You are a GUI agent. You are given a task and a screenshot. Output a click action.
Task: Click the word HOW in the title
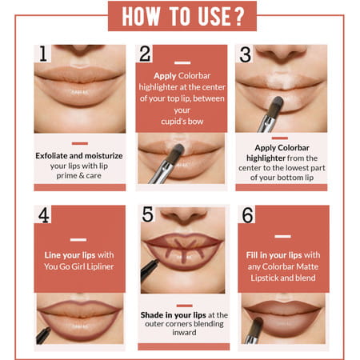[142, 16]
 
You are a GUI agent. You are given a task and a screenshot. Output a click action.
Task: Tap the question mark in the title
[238, 16]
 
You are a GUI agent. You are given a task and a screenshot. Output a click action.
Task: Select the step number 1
[43, 54]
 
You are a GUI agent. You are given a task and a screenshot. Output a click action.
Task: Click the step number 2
[145, 54]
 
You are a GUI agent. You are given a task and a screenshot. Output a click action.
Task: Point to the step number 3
[245, 54]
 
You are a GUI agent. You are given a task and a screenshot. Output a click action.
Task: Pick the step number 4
[44, 214]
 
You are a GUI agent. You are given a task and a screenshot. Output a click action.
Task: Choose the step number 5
[148, 214]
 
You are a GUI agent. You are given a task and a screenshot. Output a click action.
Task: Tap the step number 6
[247, 214]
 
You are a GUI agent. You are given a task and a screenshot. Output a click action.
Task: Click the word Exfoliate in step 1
[51, 156]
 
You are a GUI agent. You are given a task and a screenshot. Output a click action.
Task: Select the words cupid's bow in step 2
[182, 122]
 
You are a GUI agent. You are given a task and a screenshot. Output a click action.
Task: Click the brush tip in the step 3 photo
[277, 103]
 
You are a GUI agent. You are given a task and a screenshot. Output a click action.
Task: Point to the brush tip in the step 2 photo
[177, 152]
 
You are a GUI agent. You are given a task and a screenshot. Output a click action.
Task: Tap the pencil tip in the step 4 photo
[49, 329]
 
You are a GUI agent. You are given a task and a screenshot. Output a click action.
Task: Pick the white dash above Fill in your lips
[283, 236]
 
